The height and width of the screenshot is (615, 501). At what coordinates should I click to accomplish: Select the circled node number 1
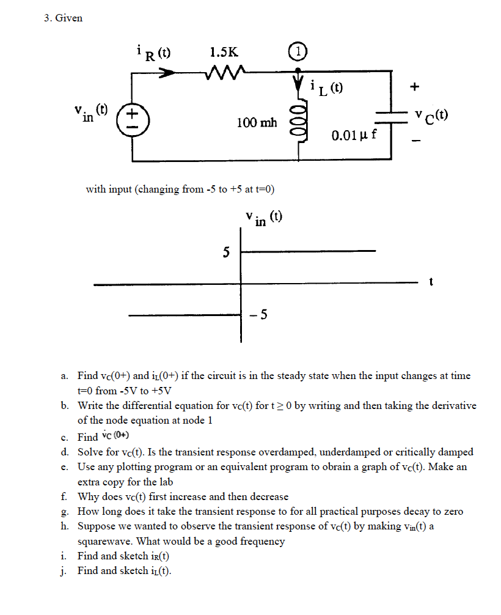[x=298, y=52]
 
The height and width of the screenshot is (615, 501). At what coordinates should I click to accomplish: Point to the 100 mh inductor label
[x=257, y=123]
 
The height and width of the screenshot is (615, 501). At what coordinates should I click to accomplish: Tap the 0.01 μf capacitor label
[x=354, y=134]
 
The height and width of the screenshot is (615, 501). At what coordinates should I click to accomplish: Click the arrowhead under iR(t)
[x=167, y=72]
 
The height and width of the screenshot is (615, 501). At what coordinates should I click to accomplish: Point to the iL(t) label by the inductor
[x=326, y=89]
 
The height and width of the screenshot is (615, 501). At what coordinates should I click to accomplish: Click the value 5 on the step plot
[x=227, y=251]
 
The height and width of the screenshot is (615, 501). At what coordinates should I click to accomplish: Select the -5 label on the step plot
[x=258, y=315]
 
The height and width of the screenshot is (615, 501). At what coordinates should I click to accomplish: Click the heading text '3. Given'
[x=64, y=18]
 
